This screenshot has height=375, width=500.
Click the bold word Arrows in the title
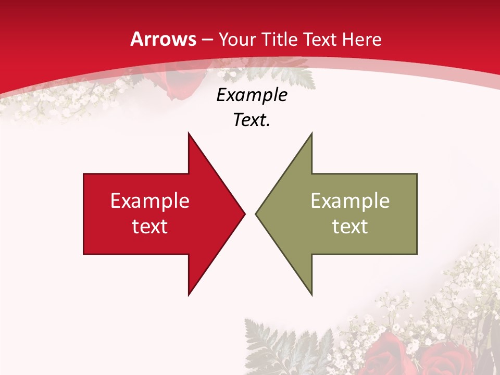163,39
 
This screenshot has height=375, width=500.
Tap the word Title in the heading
280,40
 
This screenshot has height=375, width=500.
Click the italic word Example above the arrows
252,95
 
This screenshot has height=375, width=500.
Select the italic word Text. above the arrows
252,120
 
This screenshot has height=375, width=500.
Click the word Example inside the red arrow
150,201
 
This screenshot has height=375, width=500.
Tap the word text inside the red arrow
150,226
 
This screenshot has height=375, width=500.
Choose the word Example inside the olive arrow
350,201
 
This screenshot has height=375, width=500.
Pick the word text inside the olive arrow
350,226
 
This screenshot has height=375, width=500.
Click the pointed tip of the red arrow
244,214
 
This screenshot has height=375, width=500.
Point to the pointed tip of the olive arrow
256,214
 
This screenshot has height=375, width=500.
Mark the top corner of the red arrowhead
189,134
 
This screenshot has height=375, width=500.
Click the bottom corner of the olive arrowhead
311,294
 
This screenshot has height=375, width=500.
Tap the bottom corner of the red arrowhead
189,294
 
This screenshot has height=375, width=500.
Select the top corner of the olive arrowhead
311,134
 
